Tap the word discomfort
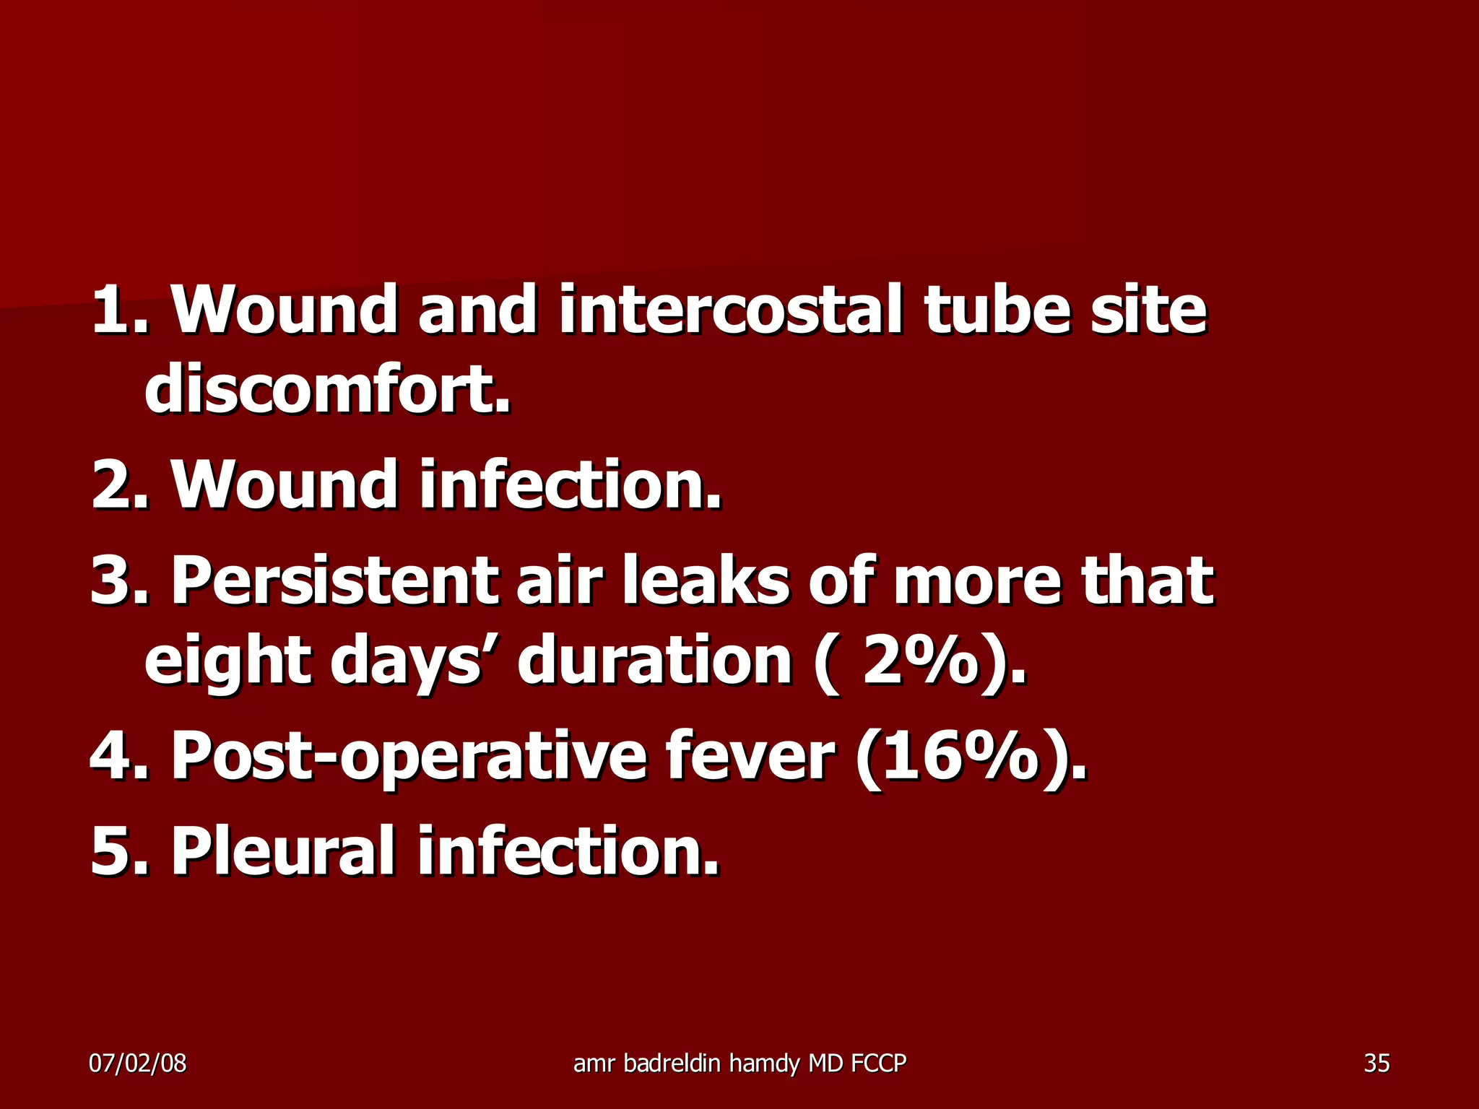pyautogui.click(x=326, y=390)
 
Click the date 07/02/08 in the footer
pyautogui.click(x=137, y=1063)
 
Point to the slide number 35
pyautogui.click(x=1376, y=1063)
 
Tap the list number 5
pyautogui.click(x=112, y=852)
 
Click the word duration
pyautogui.click(x=654, y=661)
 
